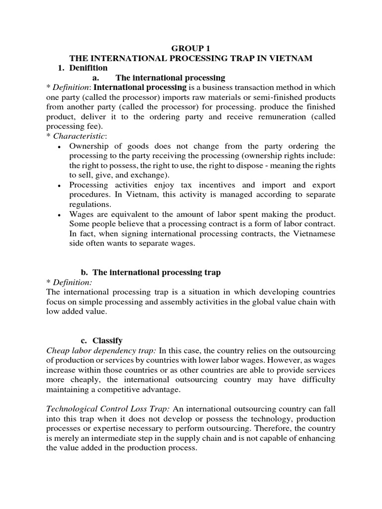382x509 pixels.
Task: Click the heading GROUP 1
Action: click(191, 49)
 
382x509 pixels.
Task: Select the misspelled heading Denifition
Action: click(89, 68)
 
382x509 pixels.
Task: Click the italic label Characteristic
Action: click(80, 136)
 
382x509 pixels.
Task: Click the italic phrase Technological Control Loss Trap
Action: click(107, 409)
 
